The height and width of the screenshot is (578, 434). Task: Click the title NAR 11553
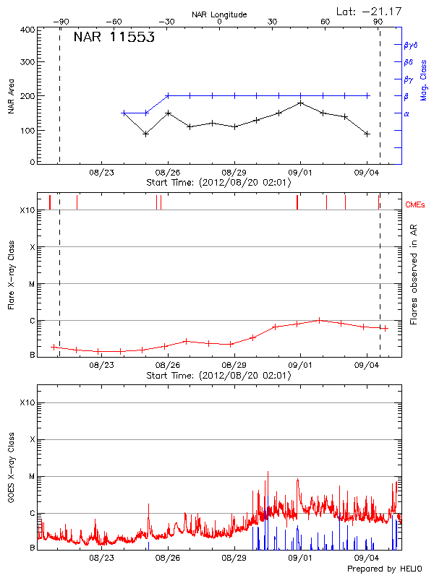tap(114, 38)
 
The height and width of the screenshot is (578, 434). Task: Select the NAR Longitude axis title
tap(219, 14)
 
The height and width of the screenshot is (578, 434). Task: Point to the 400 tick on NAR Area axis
tap(28, 30)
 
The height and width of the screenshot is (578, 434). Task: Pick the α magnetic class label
tap(407, 113)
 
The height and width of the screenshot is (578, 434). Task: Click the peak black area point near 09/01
tap(301, 103)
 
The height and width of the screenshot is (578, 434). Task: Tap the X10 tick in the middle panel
tap(27, 210)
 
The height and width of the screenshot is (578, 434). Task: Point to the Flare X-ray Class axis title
tap(11, 275)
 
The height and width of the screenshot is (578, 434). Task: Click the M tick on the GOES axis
tap(32, 477)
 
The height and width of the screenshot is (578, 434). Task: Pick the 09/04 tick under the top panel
tap(367, 172)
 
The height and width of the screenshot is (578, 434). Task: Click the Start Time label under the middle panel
tap(218, 376)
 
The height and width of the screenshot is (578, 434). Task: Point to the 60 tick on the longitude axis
tap(325, 22)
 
